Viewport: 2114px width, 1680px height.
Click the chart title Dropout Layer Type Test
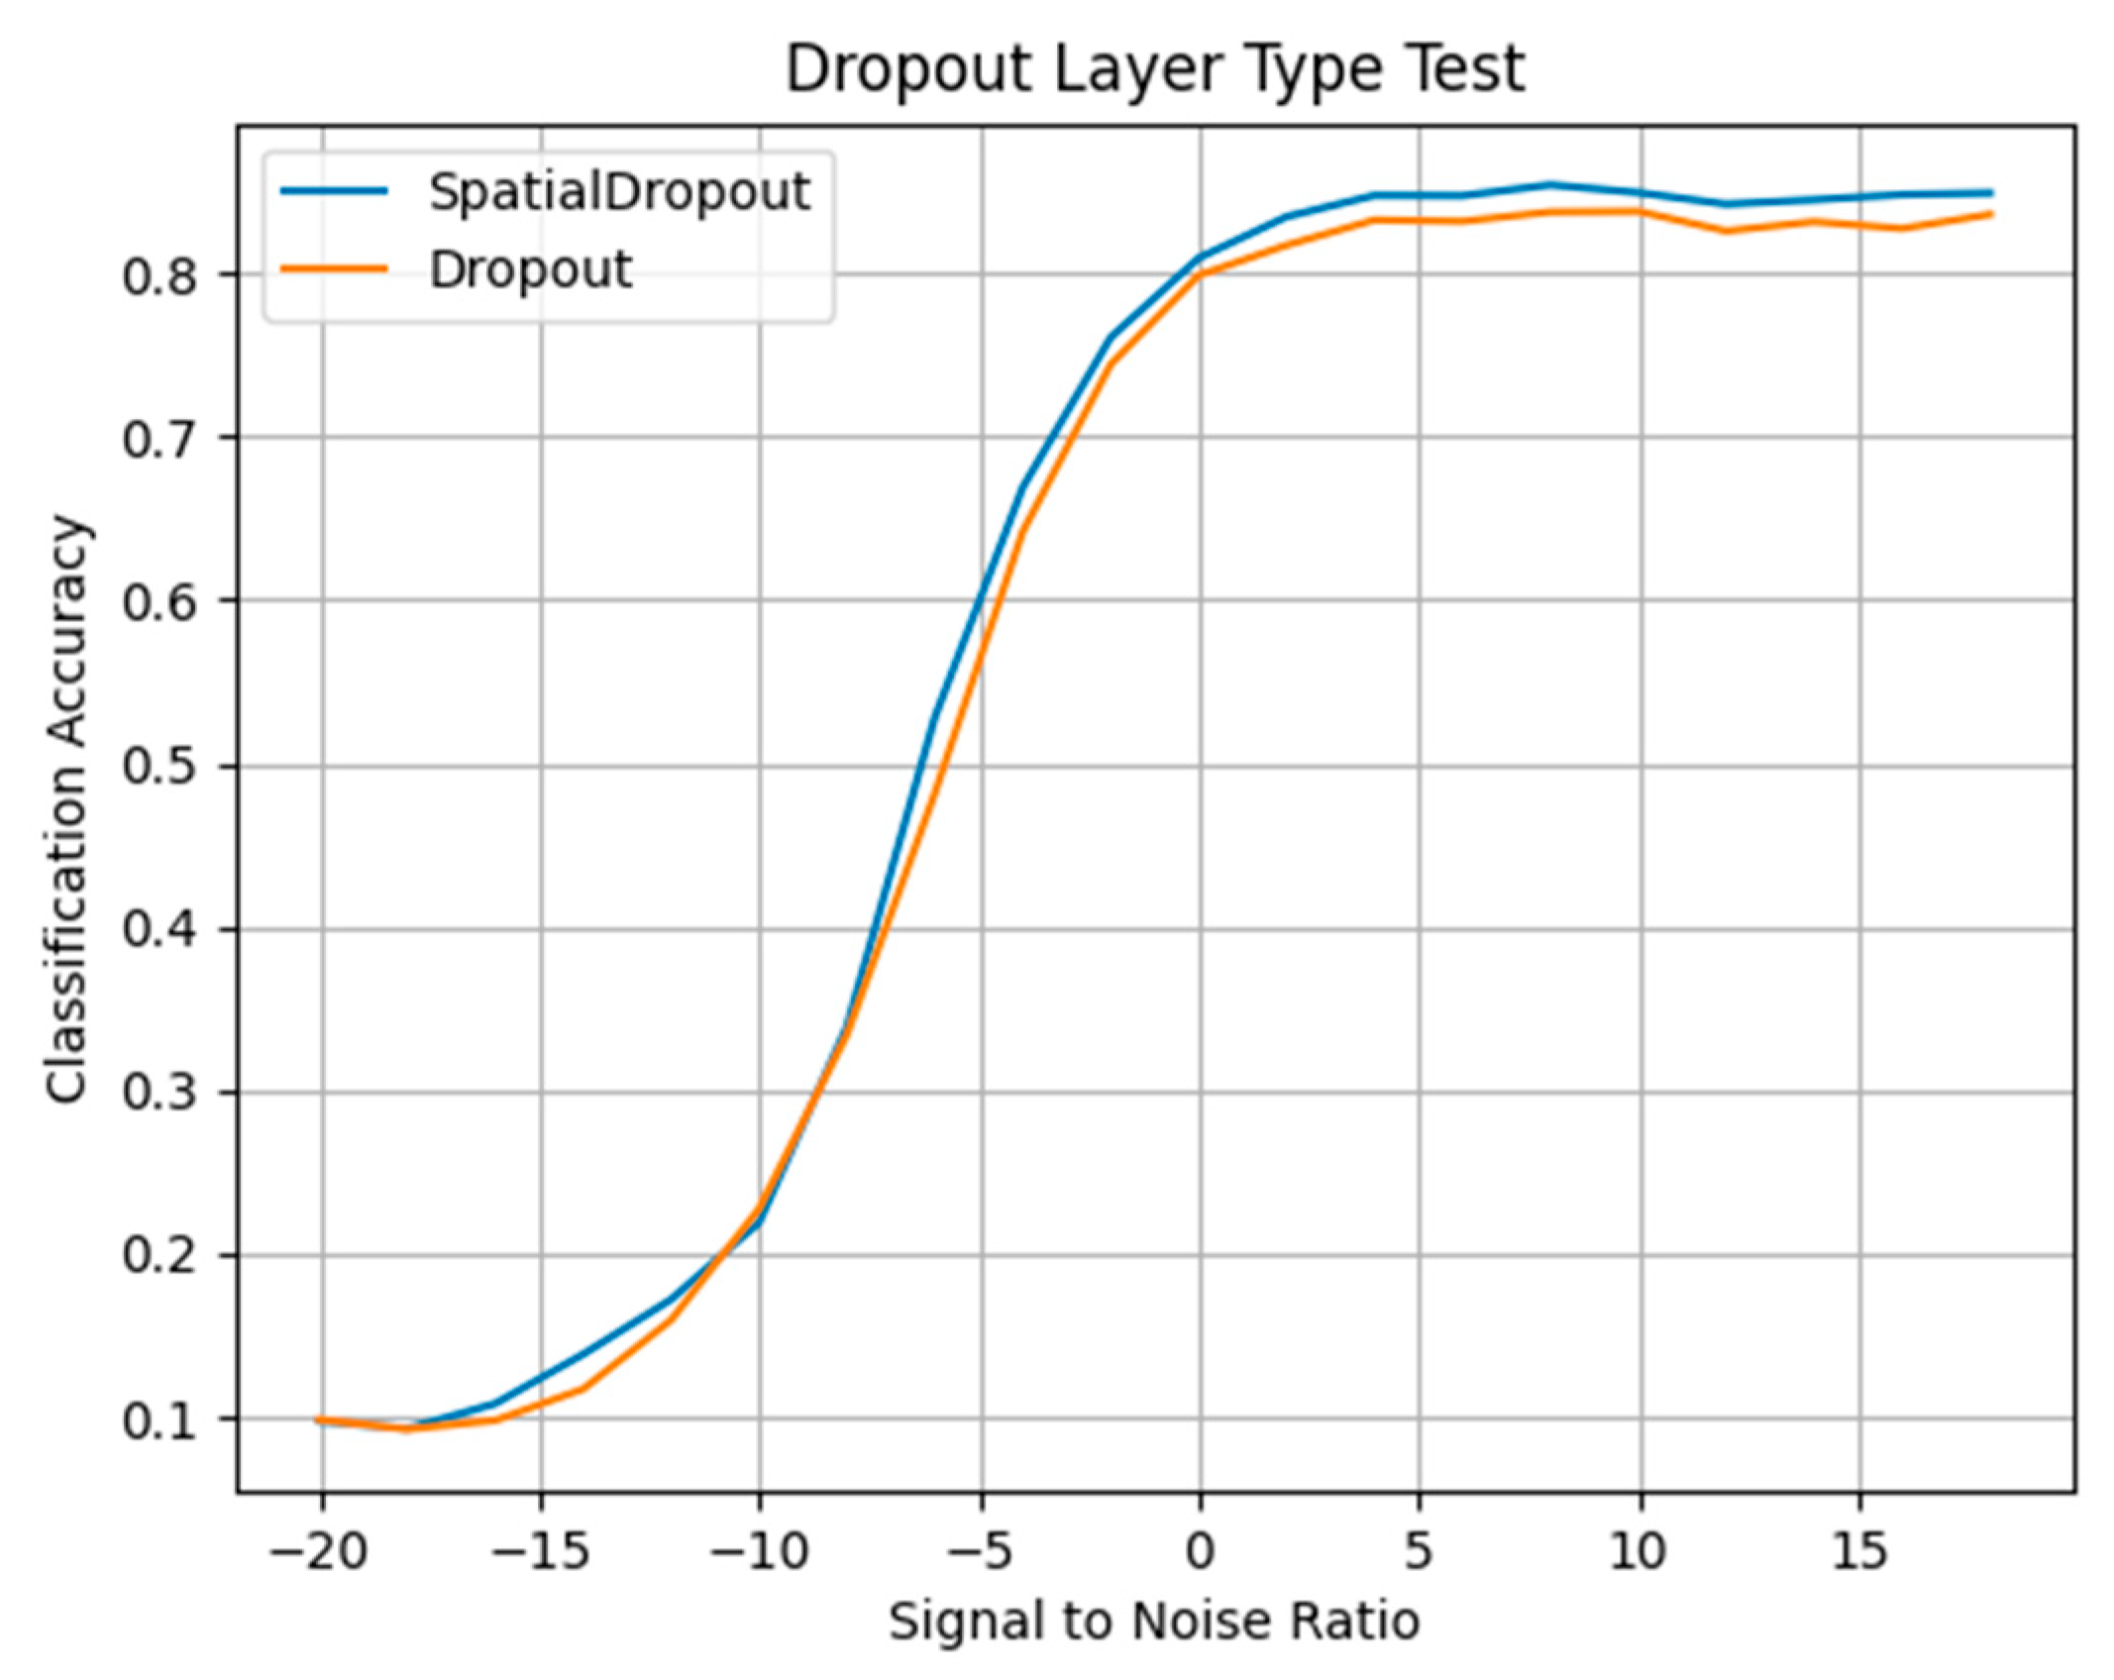tap(1154, 69)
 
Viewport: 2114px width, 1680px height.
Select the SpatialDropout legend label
tap(619, 192)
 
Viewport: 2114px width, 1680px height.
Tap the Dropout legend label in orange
tap(530, 269)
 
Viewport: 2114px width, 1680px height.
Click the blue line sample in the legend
tap(334, 191)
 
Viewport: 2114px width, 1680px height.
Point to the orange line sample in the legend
tap(334, 268)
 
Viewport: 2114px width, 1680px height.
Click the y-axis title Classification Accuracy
tap(67, 807)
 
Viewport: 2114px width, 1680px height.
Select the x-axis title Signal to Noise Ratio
tap(1154, 1621)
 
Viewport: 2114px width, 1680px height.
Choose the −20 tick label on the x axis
tap(320, 1550)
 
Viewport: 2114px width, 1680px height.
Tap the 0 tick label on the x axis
tap(1200, 1550)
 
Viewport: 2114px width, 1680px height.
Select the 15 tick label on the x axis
tap(1859, 1550)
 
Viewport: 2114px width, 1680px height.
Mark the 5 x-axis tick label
tap(1420, 1550)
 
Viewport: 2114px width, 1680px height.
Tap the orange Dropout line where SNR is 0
tap(1200, 274)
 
